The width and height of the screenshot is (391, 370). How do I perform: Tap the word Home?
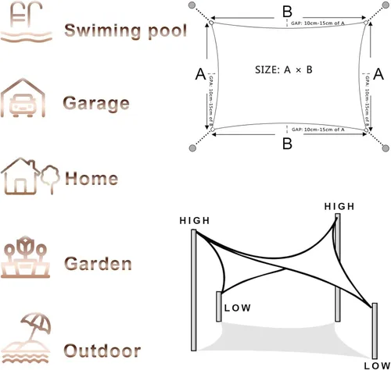(x=91, y=178)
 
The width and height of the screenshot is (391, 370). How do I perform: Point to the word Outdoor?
(x=102, y=350)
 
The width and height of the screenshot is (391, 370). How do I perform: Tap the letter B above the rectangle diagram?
(x=287, y=11)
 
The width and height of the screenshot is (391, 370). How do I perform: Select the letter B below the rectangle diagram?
(x=287, y=144)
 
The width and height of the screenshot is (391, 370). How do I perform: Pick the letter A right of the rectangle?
(x=379, y=74)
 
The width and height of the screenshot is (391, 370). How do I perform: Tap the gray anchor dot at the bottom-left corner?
(x=192, y=148)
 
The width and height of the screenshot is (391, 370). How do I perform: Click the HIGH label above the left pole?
(x=195, y=221)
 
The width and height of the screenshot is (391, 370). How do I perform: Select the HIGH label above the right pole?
(x=339, y=205)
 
